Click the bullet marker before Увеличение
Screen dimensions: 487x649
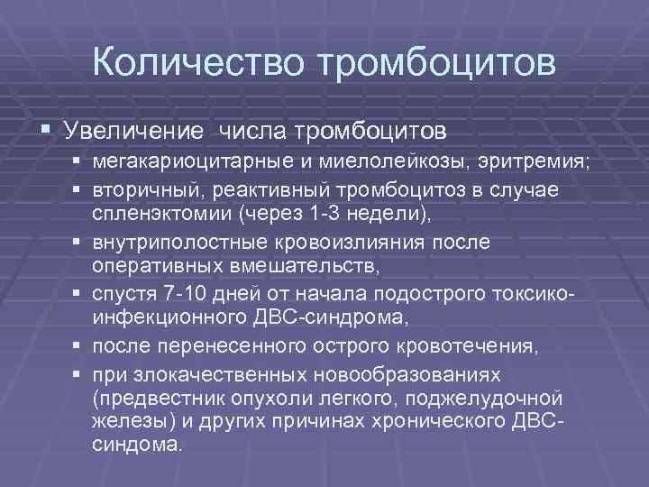[x=46, y=131]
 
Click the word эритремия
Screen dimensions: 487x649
[x=524, y=163]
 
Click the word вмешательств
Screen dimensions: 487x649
[x=315, y=264]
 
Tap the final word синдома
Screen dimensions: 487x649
[x=148, y=445]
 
